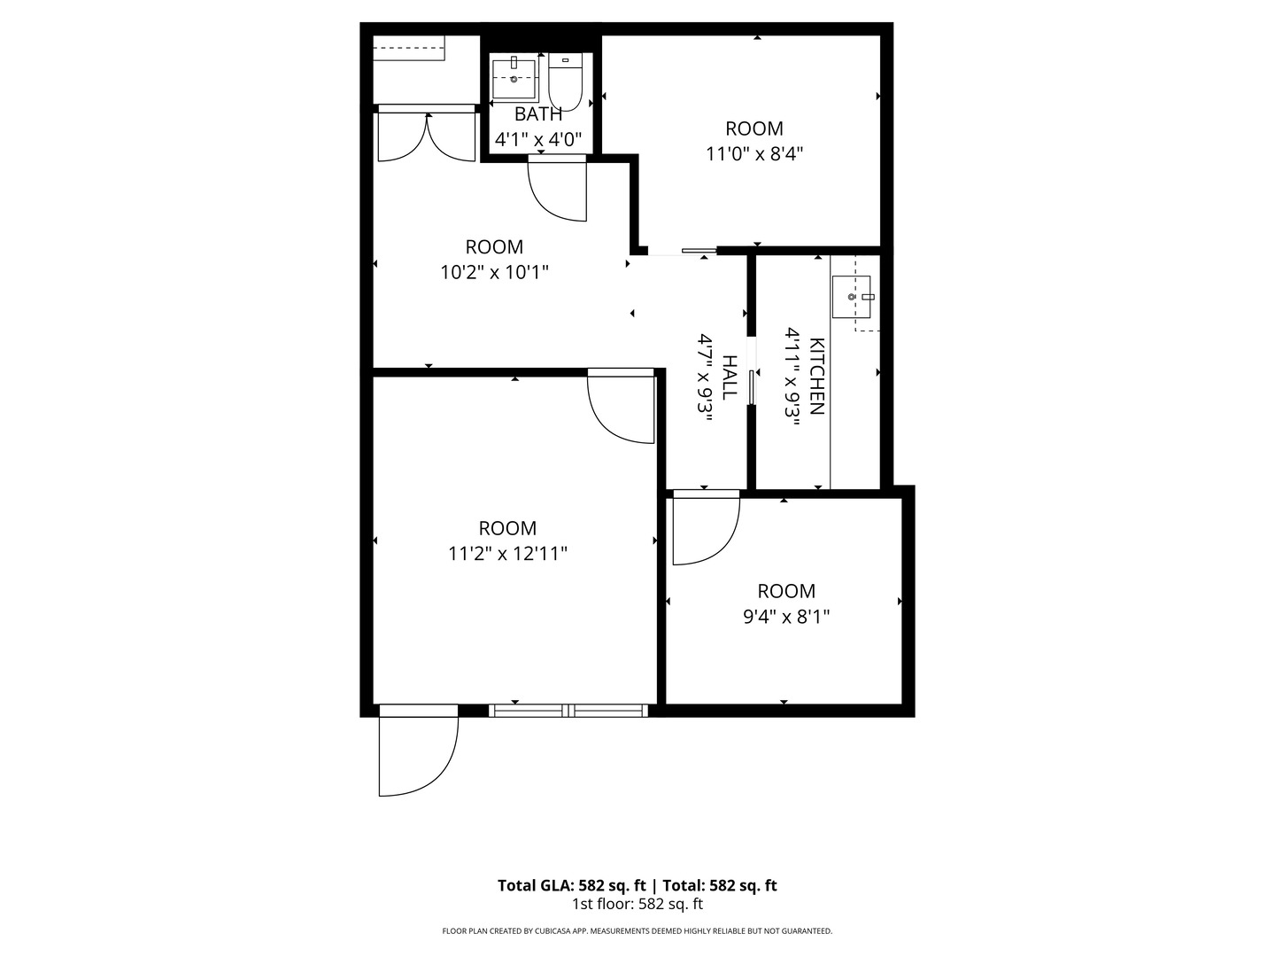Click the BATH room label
[x=538, y=114]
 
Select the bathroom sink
[x=514, y=79]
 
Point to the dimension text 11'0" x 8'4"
[x=754, y=153]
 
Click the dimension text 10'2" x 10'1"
[x=494, y=272]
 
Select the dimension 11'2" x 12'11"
[x=507, y=554]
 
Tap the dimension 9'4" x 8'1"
[x=786, y=616]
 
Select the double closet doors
[x=427, y=135]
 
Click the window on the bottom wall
[x=568, y=710]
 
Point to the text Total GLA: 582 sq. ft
[x=573, y=885]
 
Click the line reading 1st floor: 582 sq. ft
[x=637, y=905]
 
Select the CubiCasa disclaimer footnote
[x=637, y=931]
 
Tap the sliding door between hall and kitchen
[x=752, y=387]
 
